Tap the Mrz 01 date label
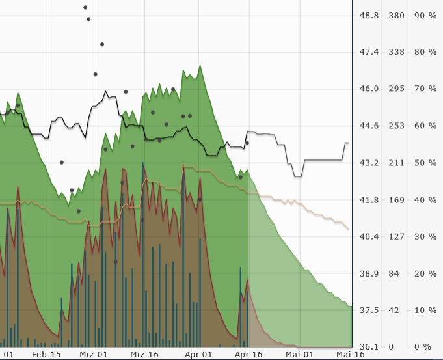[x=94, y=355]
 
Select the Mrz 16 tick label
[x=144, y=355]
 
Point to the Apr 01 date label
[x=198, y=355]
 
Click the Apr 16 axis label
[x=248, y=355]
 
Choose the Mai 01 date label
[x=300, y=355]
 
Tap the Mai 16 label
[x=350, y=355]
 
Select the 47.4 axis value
[x=369, y=52]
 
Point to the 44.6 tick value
[x=369, y=126]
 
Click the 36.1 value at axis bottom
[x=369, y=347]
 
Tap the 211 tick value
[x=396, y=163]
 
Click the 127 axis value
[x=396, y=236]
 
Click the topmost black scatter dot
[x=85, y=7]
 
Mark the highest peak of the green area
[x=200, y=65]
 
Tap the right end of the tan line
[x=349, y=229]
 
